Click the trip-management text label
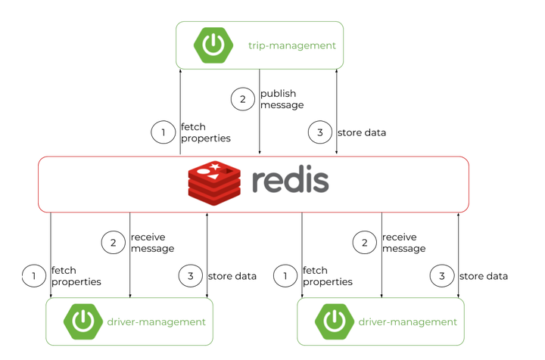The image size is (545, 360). pyautogui.click(x=291, y=45)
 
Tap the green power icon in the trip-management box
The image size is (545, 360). pyautogui.click(x=213, y=45)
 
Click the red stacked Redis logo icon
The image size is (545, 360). pyautogui.click(x=214, y=184)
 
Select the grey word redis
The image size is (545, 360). pyautogui.click(x=290, y=182)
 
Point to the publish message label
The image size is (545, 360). pyautogui.click(x=282, y=99)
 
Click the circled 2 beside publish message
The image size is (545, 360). pyautogui.click(x=242, y=99)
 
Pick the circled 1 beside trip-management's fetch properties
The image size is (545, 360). pyautogui.click(x=163, y=133)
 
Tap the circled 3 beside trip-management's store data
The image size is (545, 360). pyautogui.click(x=320, y=133)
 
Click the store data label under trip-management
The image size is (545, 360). pyautogui.click(x=361, y=133)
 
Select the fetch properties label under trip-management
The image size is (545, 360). pyautogui.click(x=205, y=133)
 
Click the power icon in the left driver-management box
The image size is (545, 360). pyautogui.click(x=83, y=321)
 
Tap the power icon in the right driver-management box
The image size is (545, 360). pyautogui.click(x=335, y=321)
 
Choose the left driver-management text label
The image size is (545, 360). pyautogui.click(x=157, y=322)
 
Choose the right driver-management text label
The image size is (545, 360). pyautogui.click(x=408, y=322)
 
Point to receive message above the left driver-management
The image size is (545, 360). pyautogui.click(x=152, y=243)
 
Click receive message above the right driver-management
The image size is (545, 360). pyautogui.click(x=403, y=243)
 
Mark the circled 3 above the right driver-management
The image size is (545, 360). pyautogui.click(x=442, y=276)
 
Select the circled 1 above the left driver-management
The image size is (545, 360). pyautogui.click(x=34, y=276)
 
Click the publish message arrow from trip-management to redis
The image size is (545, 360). pyautogui.click(x=260, y=121)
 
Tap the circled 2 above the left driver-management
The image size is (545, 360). pyautogui.click(x=113, y=243)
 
